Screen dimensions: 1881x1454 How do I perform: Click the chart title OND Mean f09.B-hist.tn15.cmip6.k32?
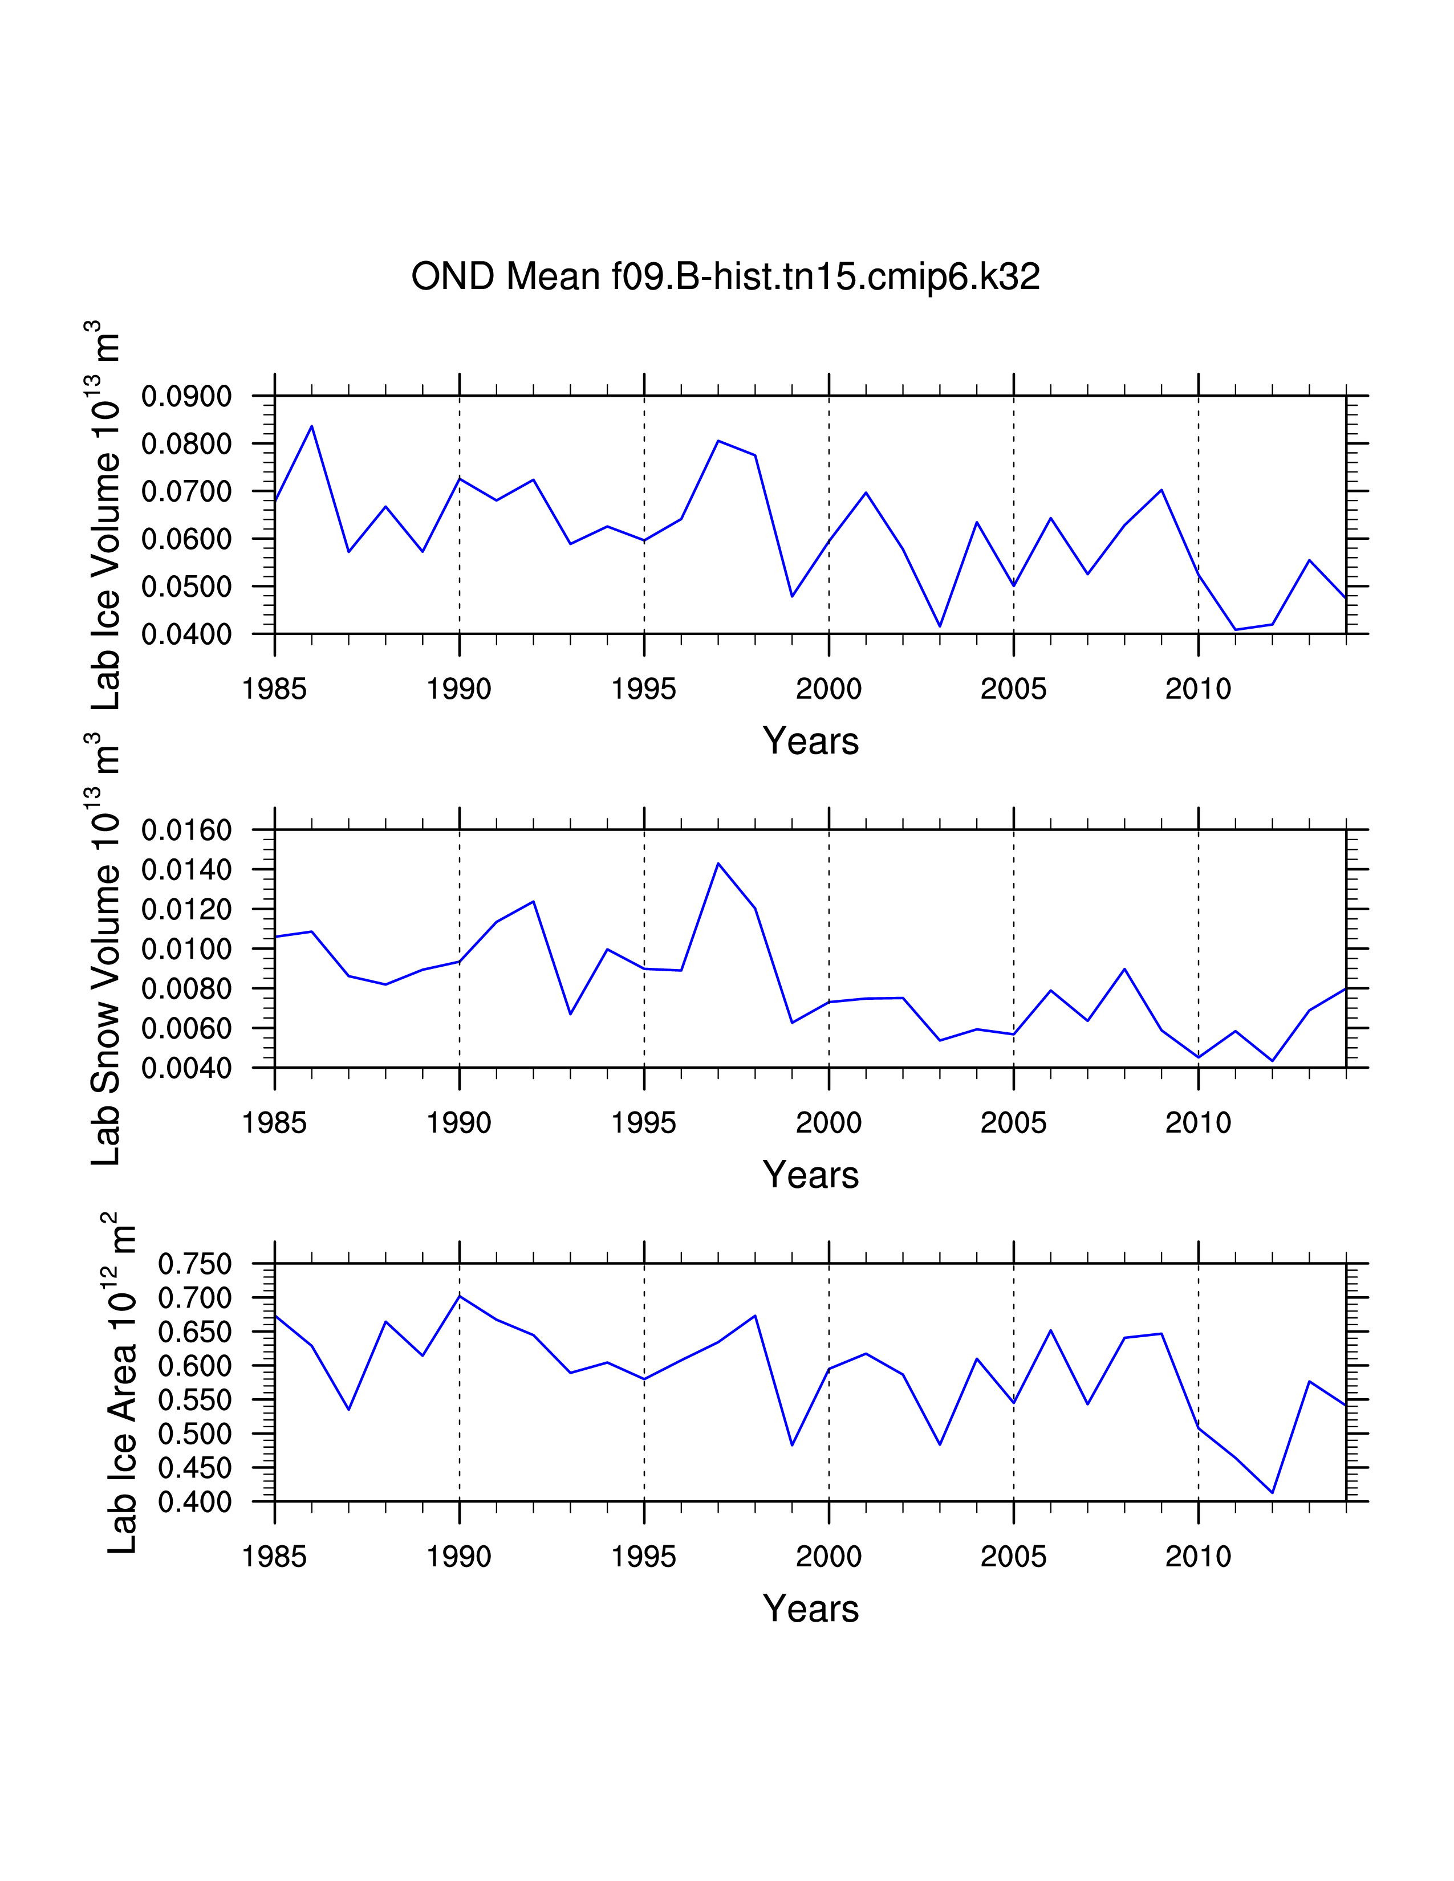(x=725, y=276)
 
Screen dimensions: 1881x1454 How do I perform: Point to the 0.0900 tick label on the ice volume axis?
(x=186, y=397)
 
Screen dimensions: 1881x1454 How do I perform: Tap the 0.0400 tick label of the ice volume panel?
(x=186, y=635)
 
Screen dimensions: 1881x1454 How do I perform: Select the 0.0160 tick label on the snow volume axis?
(x=186, y=831)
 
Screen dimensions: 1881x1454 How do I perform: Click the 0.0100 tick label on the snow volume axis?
(x=186, y=949)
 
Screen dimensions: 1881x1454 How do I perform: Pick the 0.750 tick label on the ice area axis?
(x=194, y=1264)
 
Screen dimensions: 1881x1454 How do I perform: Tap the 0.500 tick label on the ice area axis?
(x=194, y=1434)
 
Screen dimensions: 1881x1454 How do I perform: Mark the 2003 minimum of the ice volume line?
(x=940, y=626)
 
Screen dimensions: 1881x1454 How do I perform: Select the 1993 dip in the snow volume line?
(x=570, y=1013)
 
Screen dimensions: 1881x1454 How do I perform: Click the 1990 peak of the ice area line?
(x=459, y=1296)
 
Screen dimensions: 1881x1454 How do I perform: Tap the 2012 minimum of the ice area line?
(x=1272, y=1493)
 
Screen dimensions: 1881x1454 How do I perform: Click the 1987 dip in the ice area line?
(x=349, y=1409)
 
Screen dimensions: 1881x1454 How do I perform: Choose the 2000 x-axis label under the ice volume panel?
(x=828, y=689)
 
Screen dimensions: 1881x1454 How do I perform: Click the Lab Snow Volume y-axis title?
(x=105, y=947)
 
